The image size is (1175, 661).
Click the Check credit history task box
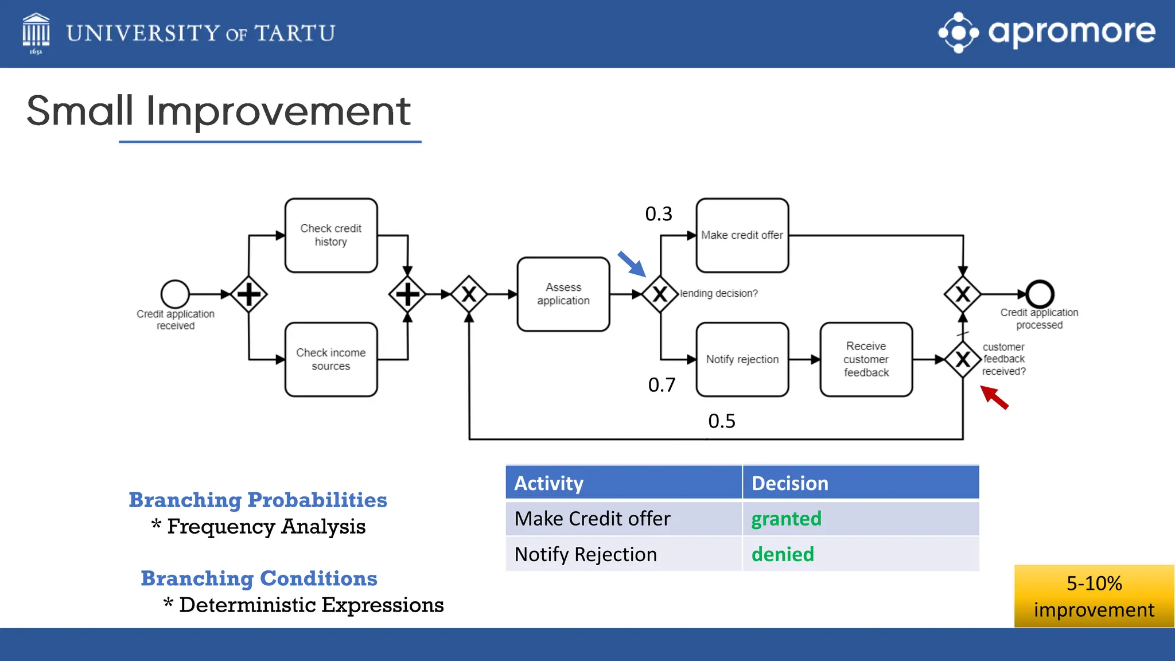click(331, 235)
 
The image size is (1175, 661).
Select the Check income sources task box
click(331, 359)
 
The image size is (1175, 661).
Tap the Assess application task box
click(563, 294)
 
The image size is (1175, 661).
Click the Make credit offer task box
click(742, 235)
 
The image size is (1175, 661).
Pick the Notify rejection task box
click(742, 359)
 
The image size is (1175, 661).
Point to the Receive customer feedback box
click(866, 359)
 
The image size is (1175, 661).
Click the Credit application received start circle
click(175, 294)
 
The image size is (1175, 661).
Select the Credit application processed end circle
click(1040, 294)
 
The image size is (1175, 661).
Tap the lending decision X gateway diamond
click(660, 294)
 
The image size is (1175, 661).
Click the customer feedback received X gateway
click(963, 359)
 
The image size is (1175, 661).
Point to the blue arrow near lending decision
click(632, 264)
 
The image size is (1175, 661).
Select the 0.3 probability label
click(659, 214)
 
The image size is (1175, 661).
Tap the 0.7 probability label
click(662, 385)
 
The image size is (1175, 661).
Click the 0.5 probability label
click(722, 421)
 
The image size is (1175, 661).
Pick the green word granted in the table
click(786, 519)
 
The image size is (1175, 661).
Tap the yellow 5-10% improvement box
click(1094, 596)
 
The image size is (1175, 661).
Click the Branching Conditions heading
click(259, 578)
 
